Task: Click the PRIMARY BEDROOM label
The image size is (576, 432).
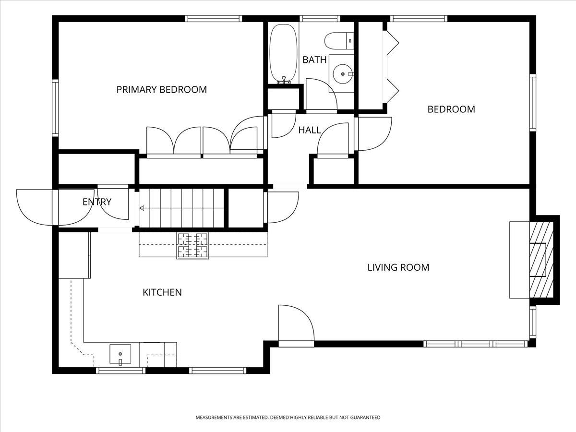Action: point(162,90)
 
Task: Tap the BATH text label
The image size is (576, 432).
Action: point(314,60)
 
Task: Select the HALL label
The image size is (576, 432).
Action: point(310,130)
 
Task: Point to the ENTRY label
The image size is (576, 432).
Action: point(97,202)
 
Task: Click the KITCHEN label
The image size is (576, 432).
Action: point(162,292)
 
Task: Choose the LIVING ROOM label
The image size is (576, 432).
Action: point(398,267)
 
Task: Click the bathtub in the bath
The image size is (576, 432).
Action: point(284,54)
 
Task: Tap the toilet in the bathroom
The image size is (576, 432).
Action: point(339,41)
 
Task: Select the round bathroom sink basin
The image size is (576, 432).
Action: point(343,74)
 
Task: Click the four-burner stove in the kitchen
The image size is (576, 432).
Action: point(192,245)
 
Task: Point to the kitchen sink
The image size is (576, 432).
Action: point(120,354)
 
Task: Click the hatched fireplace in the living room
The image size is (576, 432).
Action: point(541,260)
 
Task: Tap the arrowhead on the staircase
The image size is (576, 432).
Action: point(142,208)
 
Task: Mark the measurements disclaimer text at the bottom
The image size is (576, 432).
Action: point(288,417)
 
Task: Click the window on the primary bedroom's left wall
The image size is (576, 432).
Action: point(55,108)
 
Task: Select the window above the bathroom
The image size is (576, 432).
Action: point(320,19)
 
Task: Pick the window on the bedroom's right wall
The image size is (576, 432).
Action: point(533,103)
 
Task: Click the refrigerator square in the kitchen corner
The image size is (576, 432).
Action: point(74,255)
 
